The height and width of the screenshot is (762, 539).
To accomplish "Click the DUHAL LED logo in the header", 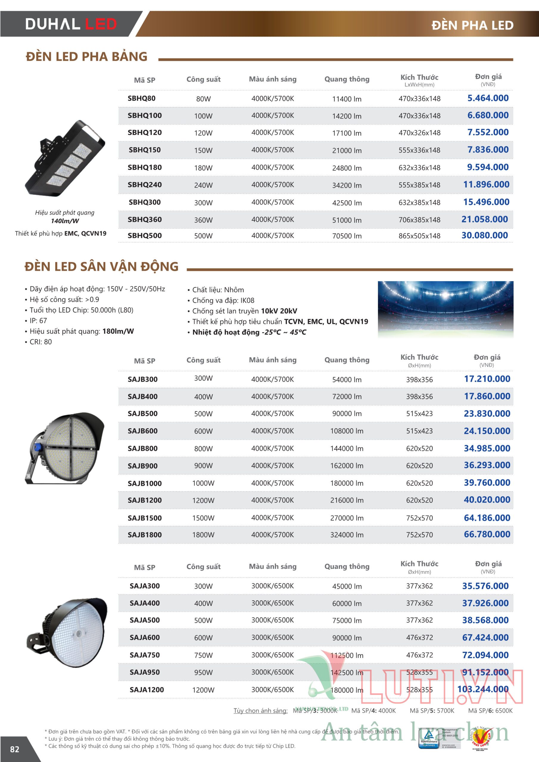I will tap(71, 24).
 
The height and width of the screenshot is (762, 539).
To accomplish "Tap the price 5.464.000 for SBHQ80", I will tap(488, 98).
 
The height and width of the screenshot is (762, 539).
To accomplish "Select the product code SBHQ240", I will tap(145, 185).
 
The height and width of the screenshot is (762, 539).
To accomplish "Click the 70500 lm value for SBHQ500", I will tap(347, 236).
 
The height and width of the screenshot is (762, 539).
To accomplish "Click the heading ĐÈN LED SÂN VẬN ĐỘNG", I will tap(102, 267).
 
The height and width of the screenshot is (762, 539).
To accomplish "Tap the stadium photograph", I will tap(445, 309).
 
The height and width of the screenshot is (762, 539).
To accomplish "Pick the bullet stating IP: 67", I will tap(38, 321).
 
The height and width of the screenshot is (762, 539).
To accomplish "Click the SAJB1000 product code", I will tap(145, 483).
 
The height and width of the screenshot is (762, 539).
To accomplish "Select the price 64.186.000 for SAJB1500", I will tap(487, 518).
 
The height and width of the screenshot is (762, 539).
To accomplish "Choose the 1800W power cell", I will tap(203, 535).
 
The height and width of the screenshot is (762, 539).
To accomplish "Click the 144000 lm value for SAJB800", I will tap(347, 448).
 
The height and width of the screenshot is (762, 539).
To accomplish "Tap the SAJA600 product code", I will tap(145, 638).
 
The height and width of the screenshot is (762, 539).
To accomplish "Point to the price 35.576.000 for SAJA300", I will tap(485, 586).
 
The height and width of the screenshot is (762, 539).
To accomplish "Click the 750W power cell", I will tap(203, 655).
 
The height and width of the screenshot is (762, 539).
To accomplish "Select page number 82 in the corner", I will tap(15, 749).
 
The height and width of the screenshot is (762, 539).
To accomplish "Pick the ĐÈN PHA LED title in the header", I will tap(472, 25).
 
